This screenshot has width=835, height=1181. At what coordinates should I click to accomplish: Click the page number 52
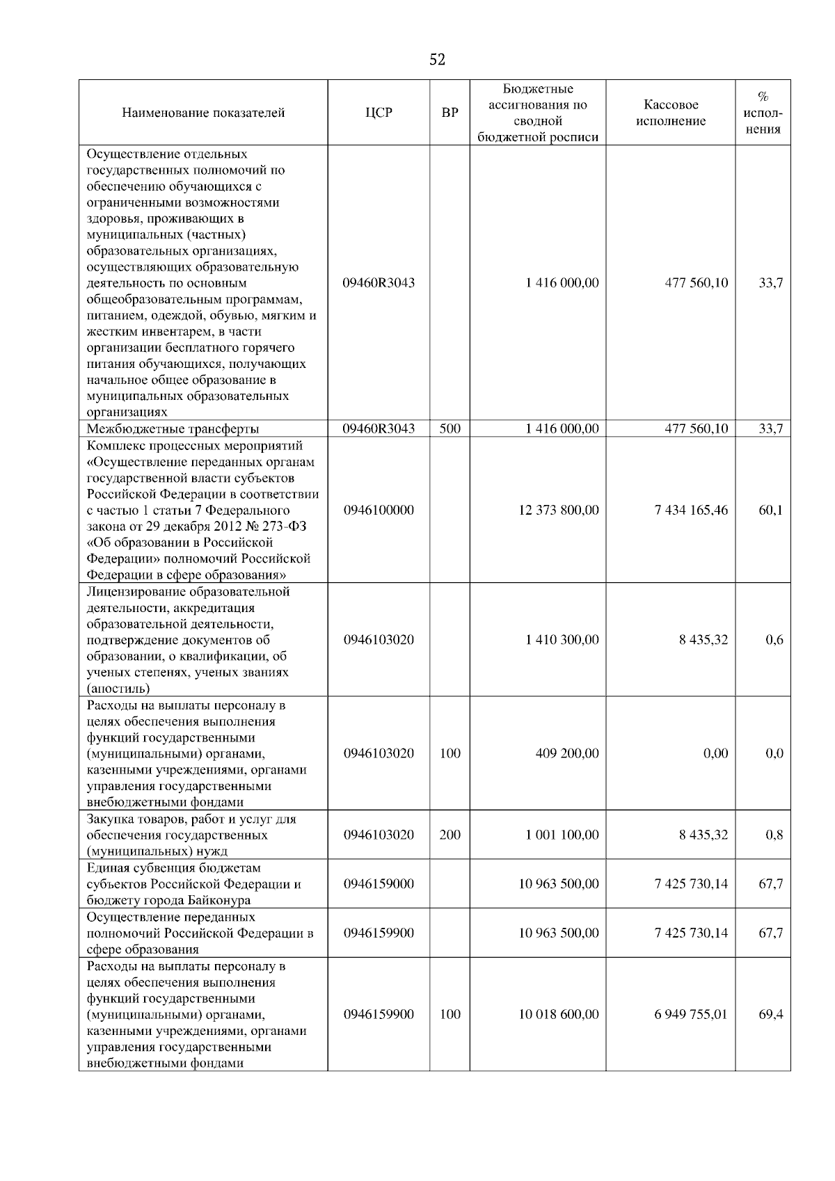coord(437,60)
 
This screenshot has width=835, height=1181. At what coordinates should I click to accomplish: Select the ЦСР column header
coord(379,113)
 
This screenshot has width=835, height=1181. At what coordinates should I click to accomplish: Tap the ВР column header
coord(450,113)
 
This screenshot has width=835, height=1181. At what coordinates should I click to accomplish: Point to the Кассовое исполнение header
coord(670,113)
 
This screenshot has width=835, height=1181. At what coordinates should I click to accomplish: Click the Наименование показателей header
coord(203,113)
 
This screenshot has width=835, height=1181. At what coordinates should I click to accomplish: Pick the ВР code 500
coord(450,429)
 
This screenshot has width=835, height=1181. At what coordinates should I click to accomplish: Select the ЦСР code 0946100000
coord(379,510)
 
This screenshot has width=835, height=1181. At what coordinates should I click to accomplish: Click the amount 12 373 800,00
coord(558,510)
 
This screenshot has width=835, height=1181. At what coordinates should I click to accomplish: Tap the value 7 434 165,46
coord(691,510)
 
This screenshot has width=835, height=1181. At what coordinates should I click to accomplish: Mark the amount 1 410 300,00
coord(562,640)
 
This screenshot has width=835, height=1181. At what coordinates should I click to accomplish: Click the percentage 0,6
coord(774,640)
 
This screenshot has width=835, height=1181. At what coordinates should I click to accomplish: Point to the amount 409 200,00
coord(566,753)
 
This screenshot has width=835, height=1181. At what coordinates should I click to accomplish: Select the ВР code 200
coord(450,835)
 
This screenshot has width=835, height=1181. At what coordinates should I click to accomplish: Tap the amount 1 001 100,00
coord(562,835)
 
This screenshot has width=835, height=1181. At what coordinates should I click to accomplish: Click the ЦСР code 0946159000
coord(379,884)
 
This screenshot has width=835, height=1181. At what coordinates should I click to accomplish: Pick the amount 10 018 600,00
coord(558,1014)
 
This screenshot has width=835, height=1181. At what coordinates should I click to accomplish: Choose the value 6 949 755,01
coord(691,1014)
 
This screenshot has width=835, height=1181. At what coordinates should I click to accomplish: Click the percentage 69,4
coord(770,1014)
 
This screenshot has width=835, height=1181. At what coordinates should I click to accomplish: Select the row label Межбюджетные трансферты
coord(173,429)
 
